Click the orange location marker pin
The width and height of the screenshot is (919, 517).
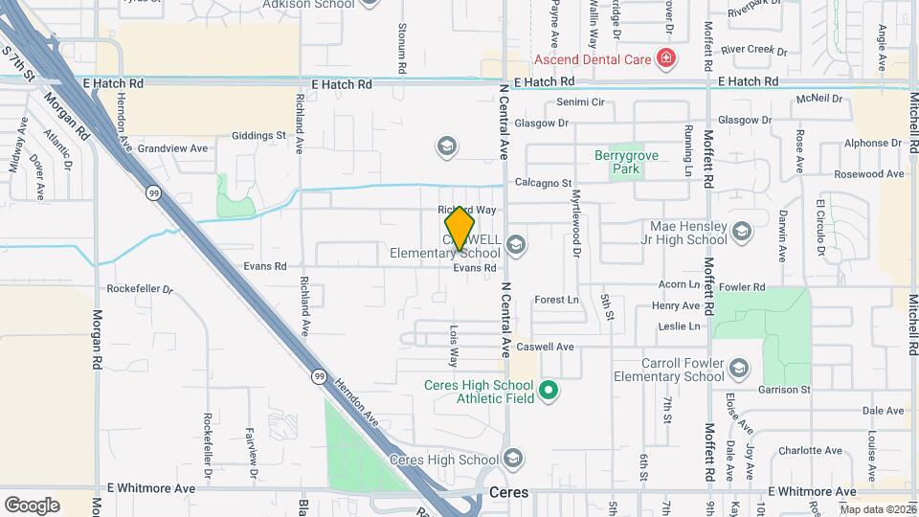click(460, 229)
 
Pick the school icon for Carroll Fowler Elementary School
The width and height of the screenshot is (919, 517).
click(739, 369)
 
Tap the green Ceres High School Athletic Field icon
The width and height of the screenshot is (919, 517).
click(548, 390)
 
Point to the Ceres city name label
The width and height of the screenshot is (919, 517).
click(508, 493)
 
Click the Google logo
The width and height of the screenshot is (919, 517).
click(32, 505)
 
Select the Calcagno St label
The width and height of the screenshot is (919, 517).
click(543, 183)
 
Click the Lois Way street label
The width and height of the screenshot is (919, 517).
click(454, 344)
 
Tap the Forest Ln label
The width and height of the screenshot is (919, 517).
click(557, 300)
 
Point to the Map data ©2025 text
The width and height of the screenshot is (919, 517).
click(878, 509)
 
